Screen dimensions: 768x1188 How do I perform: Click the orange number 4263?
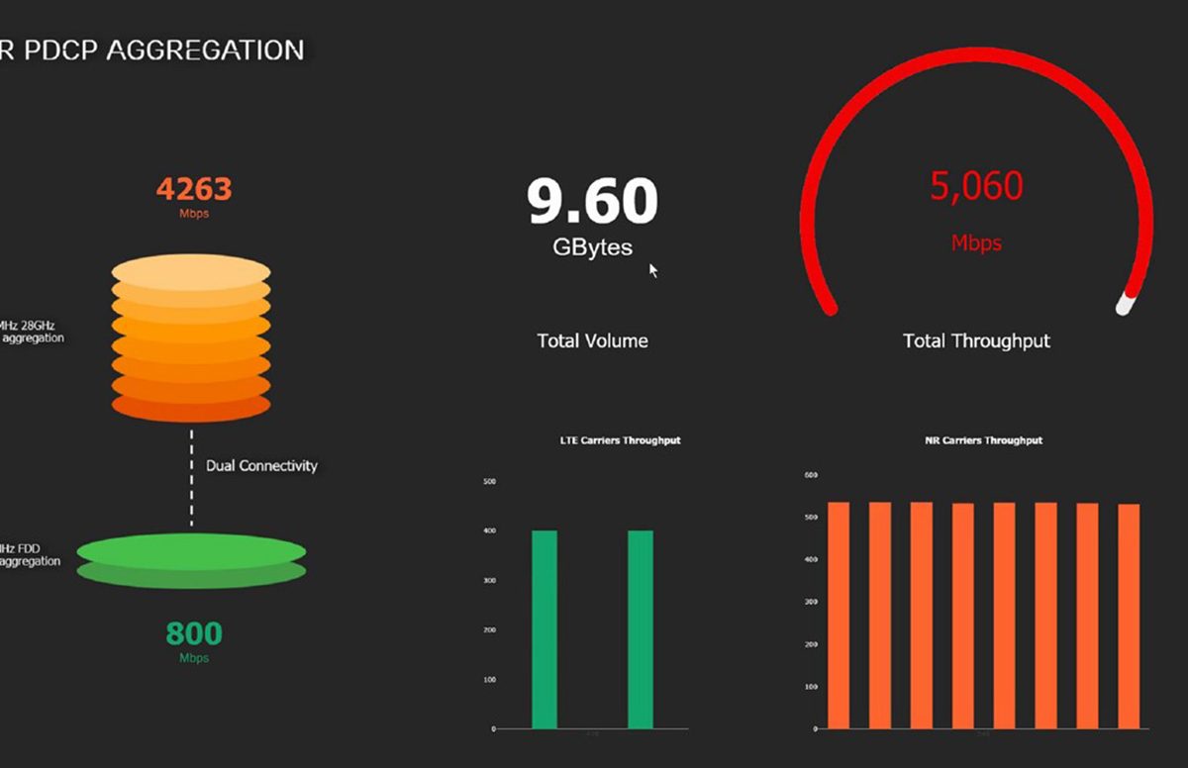[194, 188]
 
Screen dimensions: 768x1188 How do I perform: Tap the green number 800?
[194, 633]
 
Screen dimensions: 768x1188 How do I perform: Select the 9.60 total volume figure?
[592, 201]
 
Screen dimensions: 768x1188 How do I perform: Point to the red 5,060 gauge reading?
[976, 186]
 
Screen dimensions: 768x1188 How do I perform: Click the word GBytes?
[592, 247]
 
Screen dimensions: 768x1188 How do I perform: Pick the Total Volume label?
[592, 340]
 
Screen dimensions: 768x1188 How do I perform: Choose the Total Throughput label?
[976, 340]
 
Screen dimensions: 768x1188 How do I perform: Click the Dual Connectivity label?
[261, 465]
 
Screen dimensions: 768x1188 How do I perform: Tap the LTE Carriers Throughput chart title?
[620, 440]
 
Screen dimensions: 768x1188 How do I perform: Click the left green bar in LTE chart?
[544, 629]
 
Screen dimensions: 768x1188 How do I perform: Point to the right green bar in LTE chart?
[641, 629]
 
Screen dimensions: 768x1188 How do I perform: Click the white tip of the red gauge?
[1125, 304]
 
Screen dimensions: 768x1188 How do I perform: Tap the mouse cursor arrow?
[652, 269]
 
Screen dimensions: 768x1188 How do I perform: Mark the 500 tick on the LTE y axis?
[489, 482]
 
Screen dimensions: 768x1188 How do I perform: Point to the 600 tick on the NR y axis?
[812, 476]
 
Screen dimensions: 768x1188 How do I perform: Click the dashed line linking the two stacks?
[192, 477]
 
